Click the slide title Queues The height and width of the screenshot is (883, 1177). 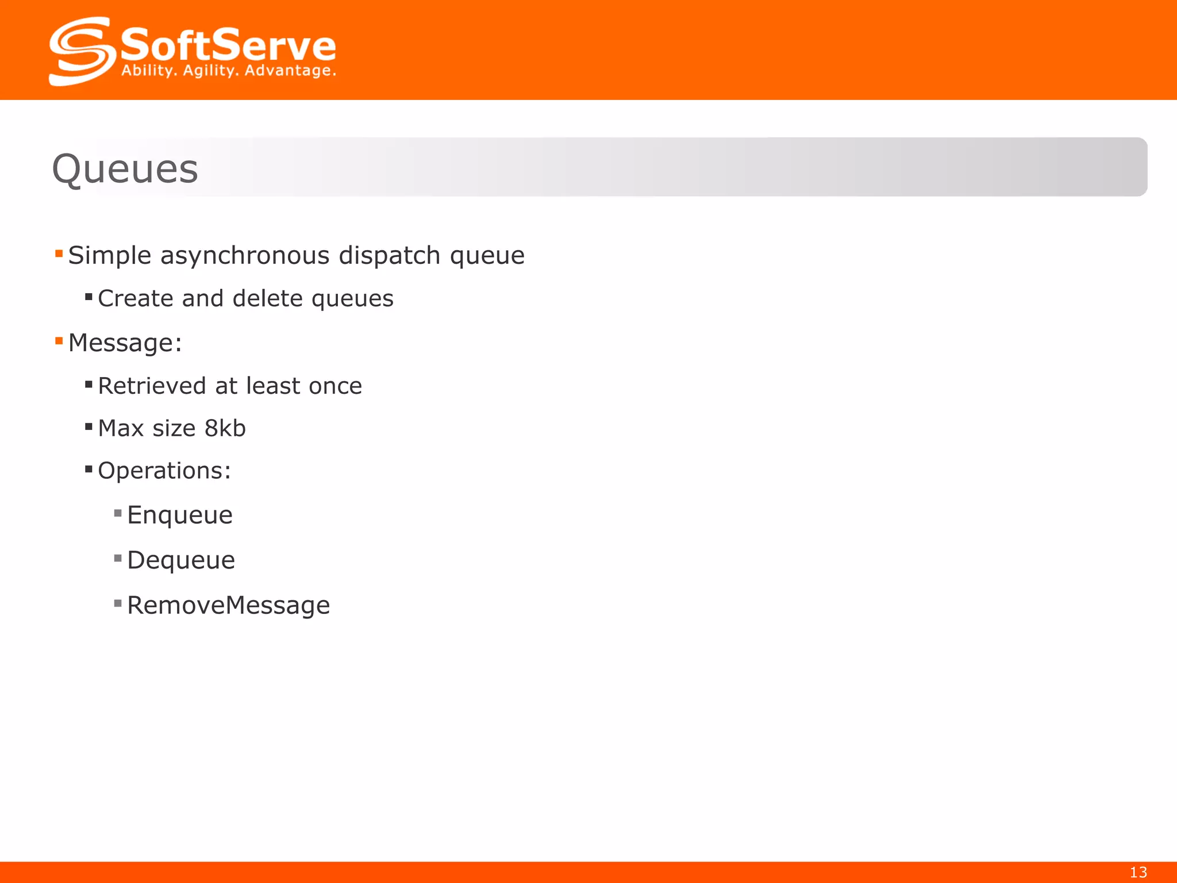pyautogui.click(x=125, y=169)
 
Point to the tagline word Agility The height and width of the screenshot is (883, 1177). pyautogui.click(x=210, y=71)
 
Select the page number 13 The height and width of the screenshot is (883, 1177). pyautogui.click(x=1138, y=872)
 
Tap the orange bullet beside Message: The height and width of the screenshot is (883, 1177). pyautogui.click(x=59, y=341)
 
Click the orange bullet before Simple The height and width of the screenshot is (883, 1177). pyautogui.click(x=59, y=254)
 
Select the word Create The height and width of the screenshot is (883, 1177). pyautogui.click(x=136, y=298)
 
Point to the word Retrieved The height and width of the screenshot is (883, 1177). pyautogui.click(x=152, y=386)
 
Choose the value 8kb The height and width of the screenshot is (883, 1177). pyautogui.click(x=225, y=428)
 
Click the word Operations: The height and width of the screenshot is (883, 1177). pyautogui.click(x=164, y=471)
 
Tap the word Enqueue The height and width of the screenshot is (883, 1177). pyautogui.click(x=180, y=515)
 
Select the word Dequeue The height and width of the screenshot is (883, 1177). pyautogui.click(x=181, y=560)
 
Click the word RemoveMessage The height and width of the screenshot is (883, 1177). pyautogui.click(x=229, y=605)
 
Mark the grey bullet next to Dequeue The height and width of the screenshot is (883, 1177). pyautogui.click(x=118, y=558)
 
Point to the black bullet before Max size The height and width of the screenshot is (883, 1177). pyautogui.click(x=89, y=427)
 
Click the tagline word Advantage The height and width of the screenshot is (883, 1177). pyautogui.click(x=290, y=71)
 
